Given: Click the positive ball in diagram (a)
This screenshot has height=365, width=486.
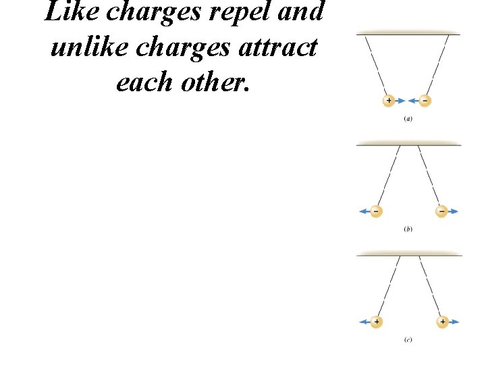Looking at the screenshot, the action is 389,101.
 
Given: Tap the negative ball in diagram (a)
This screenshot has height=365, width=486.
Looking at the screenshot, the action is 425,101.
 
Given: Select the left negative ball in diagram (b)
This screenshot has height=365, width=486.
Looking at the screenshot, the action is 375,212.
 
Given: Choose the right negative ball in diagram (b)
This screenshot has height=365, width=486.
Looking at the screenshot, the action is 441,212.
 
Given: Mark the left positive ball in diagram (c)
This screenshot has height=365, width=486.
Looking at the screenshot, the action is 376,322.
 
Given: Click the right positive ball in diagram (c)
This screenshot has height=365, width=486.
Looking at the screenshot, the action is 442,322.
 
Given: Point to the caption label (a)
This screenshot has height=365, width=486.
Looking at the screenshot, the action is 408,119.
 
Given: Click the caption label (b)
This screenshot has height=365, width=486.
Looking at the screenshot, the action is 408,229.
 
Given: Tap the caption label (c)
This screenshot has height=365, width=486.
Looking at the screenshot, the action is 408,339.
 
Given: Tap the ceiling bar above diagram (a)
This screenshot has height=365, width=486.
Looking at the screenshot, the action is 408,32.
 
